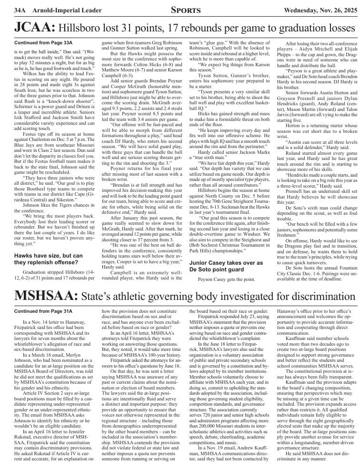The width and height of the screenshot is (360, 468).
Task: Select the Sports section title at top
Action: click(179, 10)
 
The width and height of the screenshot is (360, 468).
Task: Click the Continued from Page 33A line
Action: click(40, 43)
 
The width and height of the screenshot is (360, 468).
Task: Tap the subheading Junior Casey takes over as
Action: click(226, 263)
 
